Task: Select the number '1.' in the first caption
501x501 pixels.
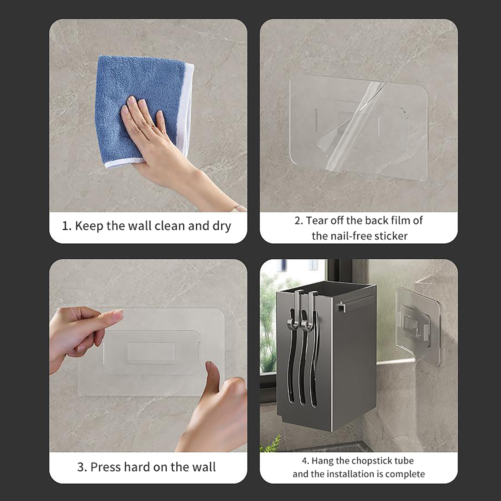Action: click(67, 226)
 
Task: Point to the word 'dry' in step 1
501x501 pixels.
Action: click(221, 226)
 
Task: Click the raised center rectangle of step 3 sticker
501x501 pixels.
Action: click(151, 353)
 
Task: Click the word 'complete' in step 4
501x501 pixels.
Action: click(405, 474)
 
